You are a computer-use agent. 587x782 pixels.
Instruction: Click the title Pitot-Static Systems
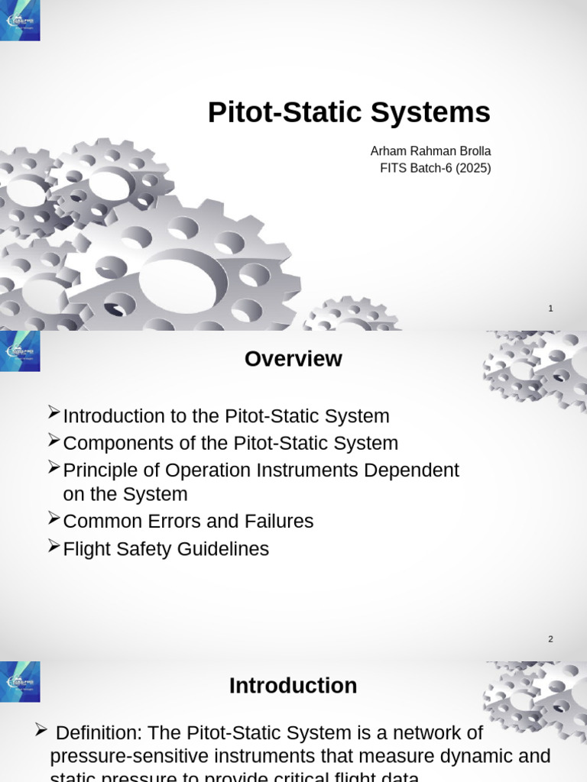(x=349, y=113)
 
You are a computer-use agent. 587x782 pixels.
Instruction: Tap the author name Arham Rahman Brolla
(x=430, y=151)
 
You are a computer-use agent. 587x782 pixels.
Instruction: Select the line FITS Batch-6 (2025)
(x=435, y=168)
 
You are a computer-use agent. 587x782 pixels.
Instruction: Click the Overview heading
(x=293, y=359)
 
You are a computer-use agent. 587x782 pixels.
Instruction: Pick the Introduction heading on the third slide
(x=293, y=686)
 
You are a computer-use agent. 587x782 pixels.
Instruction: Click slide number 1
(x=550, y=309)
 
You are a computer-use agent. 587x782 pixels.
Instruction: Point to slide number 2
(x=550, y=639)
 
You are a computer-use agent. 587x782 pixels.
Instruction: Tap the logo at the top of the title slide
(x=20, y=21)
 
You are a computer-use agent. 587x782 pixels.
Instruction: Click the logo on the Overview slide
(x=20, y=351)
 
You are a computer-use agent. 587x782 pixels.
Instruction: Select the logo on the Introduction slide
(x=20, y=682)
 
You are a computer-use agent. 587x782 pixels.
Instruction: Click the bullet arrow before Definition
(x=41, y=731)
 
